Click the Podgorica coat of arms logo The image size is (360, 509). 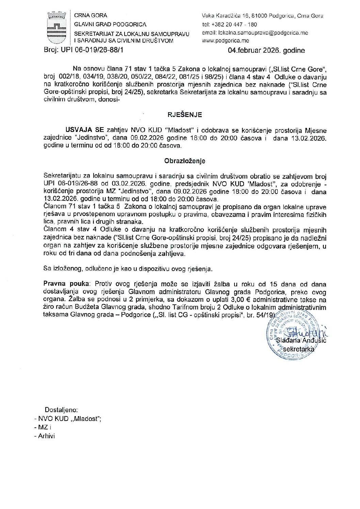coord(56,28)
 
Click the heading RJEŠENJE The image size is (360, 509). coord(184,115)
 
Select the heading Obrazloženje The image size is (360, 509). coord(184,161)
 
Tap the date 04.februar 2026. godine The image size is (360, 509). coord(266,51)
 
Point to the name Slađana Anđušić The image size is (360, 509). coord(301,340)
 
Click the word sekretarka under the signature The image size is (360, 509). coord(299,349)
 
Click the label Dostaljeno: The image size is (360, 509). coord(61,410)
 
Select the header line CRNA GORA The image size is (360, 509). coord(91,15)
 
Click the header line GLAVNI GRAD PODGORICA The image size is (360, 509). coord(110,24)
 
